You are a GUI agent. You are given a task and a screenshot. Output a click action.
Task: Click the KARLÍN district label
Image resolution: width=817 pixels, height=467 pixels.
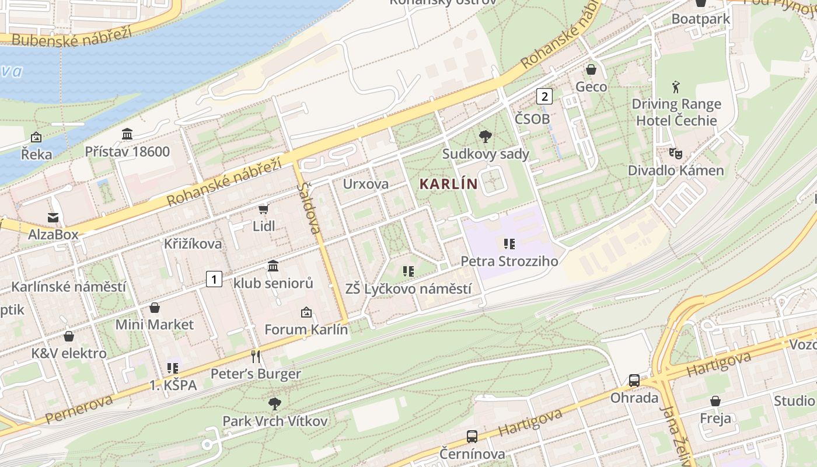click(x=448, y=184)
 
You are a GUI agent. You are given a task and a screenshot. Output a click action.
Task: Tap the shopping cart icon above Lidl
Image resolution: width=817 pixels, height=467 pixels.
click(x=263, y=209)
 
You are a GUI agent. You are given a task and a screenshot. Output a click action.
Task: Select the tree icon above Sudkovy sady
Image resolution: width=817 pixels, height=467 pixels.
click(x=484, y=137)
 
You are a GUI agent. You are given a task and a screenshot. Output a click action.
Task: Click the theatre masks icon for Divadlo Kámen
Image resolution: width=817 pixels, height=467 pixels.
click(x=676, y=154)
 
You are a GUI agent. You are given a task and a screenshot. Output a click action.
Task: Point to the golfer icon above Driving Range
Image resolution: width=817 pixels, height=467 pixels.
click(x=676, y=87)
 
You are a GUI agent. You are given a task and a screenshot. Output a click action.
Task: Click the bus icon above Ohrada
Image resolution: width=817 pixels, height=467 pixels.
click(x=634, y=381)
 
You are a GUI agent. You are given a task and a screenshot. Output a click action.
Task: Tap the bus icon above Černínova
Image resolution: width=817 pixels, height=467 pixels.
click(x=472, y=436)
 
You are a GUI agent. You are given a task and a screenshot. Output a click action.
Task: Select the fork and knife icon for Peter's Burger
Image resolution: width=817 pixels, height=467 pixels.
click(x=255, y=356)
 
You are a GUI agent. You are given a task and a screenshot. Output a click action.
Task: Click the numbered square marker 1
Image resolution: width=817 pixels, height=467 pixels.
click(x=214, y=279)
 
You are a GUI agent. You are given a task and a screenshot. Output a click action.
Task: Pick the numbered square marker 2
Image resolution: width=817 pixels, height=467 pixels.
click(x=544, y=96)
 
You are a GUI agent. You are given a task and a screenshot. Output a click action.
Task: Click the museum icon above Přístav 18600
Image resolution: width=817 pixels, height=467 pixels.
click(x=127, y=134)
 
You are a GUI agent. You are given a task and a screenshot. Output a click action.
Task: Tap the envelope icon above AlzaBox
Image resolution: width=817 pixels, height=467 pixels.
click(x=53, y=217)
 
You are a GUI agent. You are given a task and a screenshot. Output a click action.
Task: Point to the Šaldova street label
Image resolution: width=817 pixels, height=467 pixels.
click(x=309, y=208)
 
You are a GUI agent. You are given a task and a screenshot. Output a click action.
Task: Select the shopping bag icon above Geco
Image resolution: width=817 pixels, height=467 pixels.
click(x=591, y=69)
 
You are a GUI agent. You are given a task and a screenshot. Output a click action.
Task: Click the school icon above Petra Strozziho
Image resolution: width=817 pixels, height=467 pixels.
click(x=509, y=243)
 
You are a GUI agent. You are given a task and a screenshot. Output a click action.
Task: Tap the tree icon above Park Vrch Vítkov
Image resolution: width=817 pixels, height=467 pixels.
click(x=274, y=403)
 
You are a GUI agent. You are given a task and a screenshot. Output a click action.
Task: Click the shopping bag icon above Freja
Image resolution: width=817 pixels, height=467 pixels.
click(x=715, y=401)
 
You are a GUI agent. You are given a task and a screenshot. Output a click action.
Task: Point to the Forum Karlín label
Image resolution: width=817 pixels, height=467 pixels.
click(x=306, y=329)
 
